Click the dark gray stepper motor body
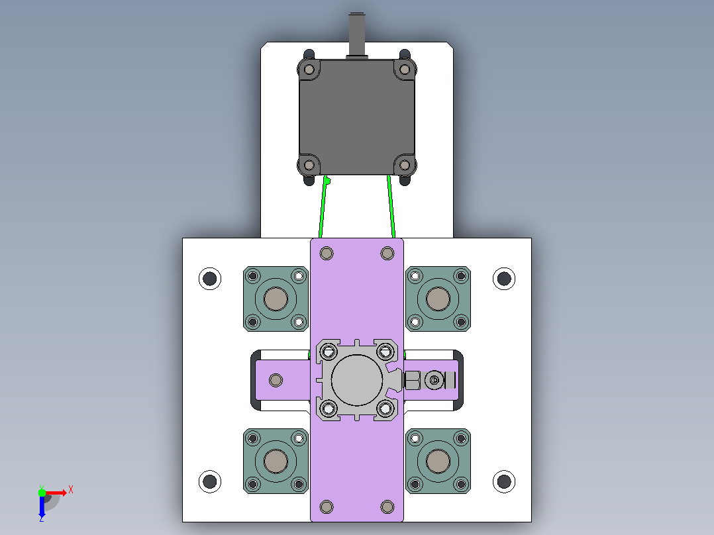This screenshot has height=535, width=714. (x=357, y=117)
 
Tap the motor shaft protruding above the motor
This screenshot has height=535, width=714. (x=357, y=34)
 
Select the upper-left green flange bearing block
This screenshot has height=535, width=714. (x=276, y=299)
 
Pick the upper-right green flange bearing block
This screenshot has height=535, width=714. (x=438, y=299)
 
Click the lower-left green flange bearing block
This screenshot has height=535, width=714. (x=276, y=461)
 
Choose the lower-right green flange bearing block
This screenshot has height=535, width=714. (x=438, y=461)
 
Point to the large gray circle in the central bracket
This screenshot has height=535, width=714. (x=357, y=380)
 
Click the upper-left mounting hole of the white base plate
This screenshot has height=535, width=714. (x=210, y=278)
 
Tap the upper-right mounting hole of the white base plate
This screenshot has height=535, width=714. (x=504, y=278)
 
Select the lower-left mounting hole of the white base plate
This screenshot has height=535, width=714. (x=210, y=481)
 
